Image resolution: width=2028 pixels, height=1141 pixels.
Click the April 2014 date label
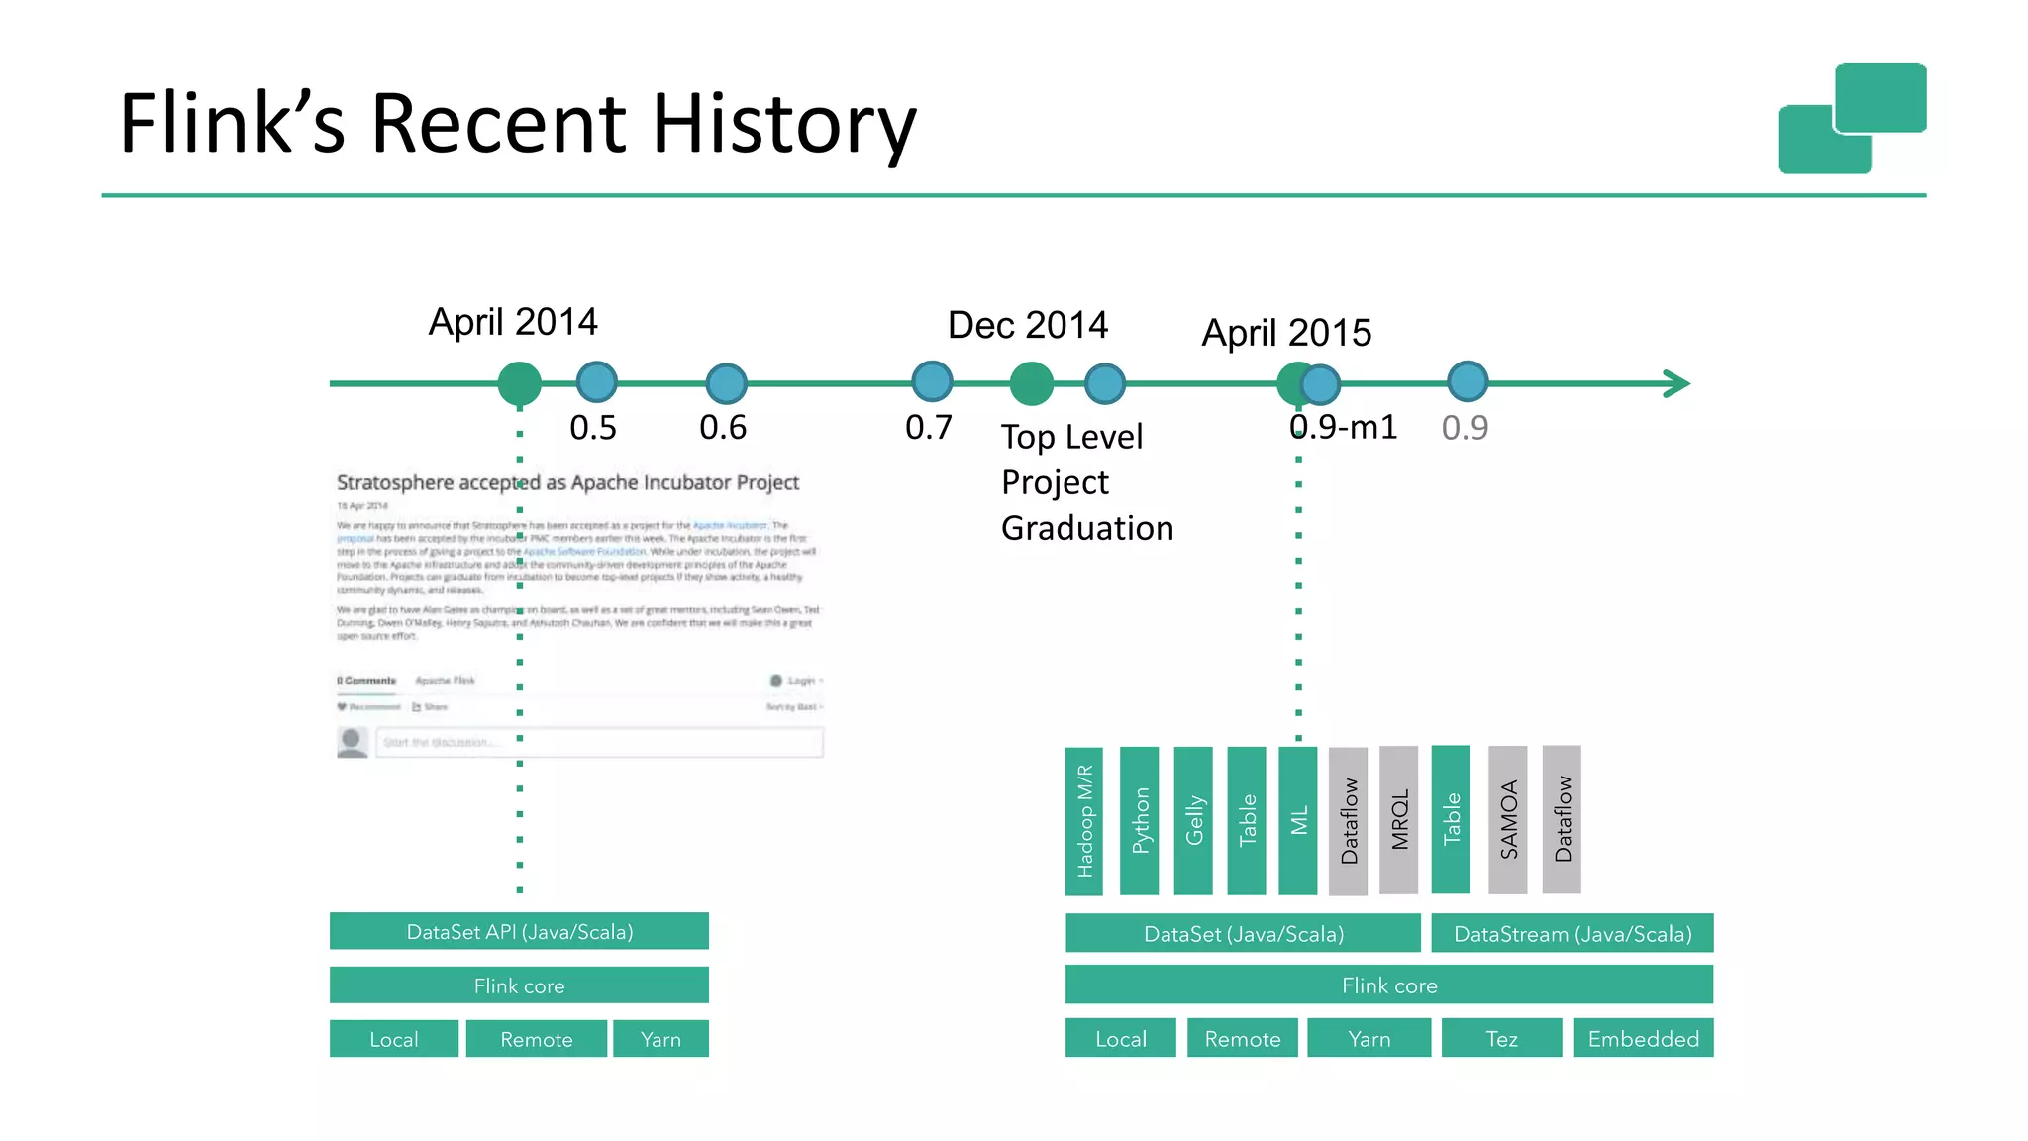pos(513,322)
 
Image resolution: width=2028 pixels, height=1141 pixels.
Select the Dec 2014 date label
pos(1027,325)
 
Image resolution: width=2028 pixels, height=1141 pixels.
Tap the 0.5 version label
pos(592,428)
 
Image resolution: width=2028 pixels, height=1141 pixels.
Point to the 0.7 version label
pos(928,427)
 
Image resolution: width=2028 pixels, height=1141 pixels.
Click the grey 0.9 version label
pos(1465,428)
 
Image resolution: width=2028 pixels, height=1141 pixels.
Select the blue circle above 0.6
pos(726,383)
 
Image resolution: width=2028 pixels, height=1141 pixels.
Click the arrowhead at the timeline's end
pos(1676,383)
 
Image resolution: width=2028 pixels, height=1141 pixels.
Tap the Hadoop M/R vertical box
pos(1084,821)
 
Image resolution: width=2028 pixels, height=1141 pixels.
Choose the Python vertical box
pos(1139,821)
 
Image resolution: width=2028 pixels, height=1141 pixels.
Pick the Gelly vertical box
pos(1193,821)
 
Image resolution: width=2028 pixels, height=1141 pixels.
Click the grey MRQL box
pos(1398,821)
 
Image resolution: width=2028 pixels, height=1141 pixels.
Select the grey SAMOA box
pos(1507,821)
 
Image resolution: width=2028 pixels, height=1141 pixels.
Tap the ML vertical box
pos(1298,821)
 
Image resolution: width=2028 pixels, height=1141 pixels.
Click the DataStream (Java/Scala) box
pos(1572,934)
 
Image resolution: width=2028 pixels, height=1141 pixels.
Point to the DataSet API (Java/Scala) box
pos(519,932)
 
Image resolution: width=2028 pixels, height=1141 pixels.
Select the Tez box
pos(1501,1039)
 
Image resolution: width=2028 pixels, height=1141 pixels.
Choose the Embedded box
pos(1643,1039)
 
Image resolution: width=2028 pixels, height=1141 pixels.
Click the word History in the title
pos(783,124)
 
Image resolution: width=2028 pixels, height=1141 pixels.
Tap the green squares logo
pos(1852,119)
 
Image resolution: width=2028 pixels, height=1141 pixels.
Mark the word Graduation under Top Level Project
pos(1086,528)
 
